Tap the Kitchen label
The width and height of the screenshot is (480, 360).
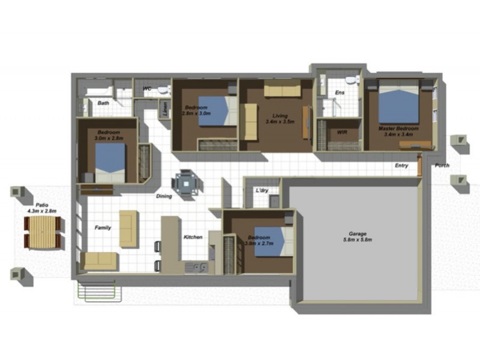pyautogui.click(x=193, y=237)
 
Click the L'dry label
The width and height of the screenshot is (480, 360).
pyautogui.click(x=262, y=190)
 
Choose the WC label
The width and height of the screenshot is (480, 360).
pyautogui.click(x=147, y=90)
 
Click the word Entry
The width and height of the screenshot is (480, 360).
pyautogui.click(x=401, y=166)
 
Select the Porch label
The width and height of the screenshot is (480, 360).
pyautogui.click(x=442, y=166)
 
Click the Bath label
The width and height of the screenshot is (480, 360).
pyautogui.click(x=104, y=103)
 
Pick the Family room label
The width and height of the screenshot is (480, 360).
pyautogui.click(x=103, y=228)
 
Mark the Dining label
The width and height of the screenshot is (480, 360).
pyautogui.click(x=164, y=196)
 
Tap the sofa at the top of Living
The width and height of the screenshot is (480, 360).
pyautogui.click(x=282, y=91)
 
